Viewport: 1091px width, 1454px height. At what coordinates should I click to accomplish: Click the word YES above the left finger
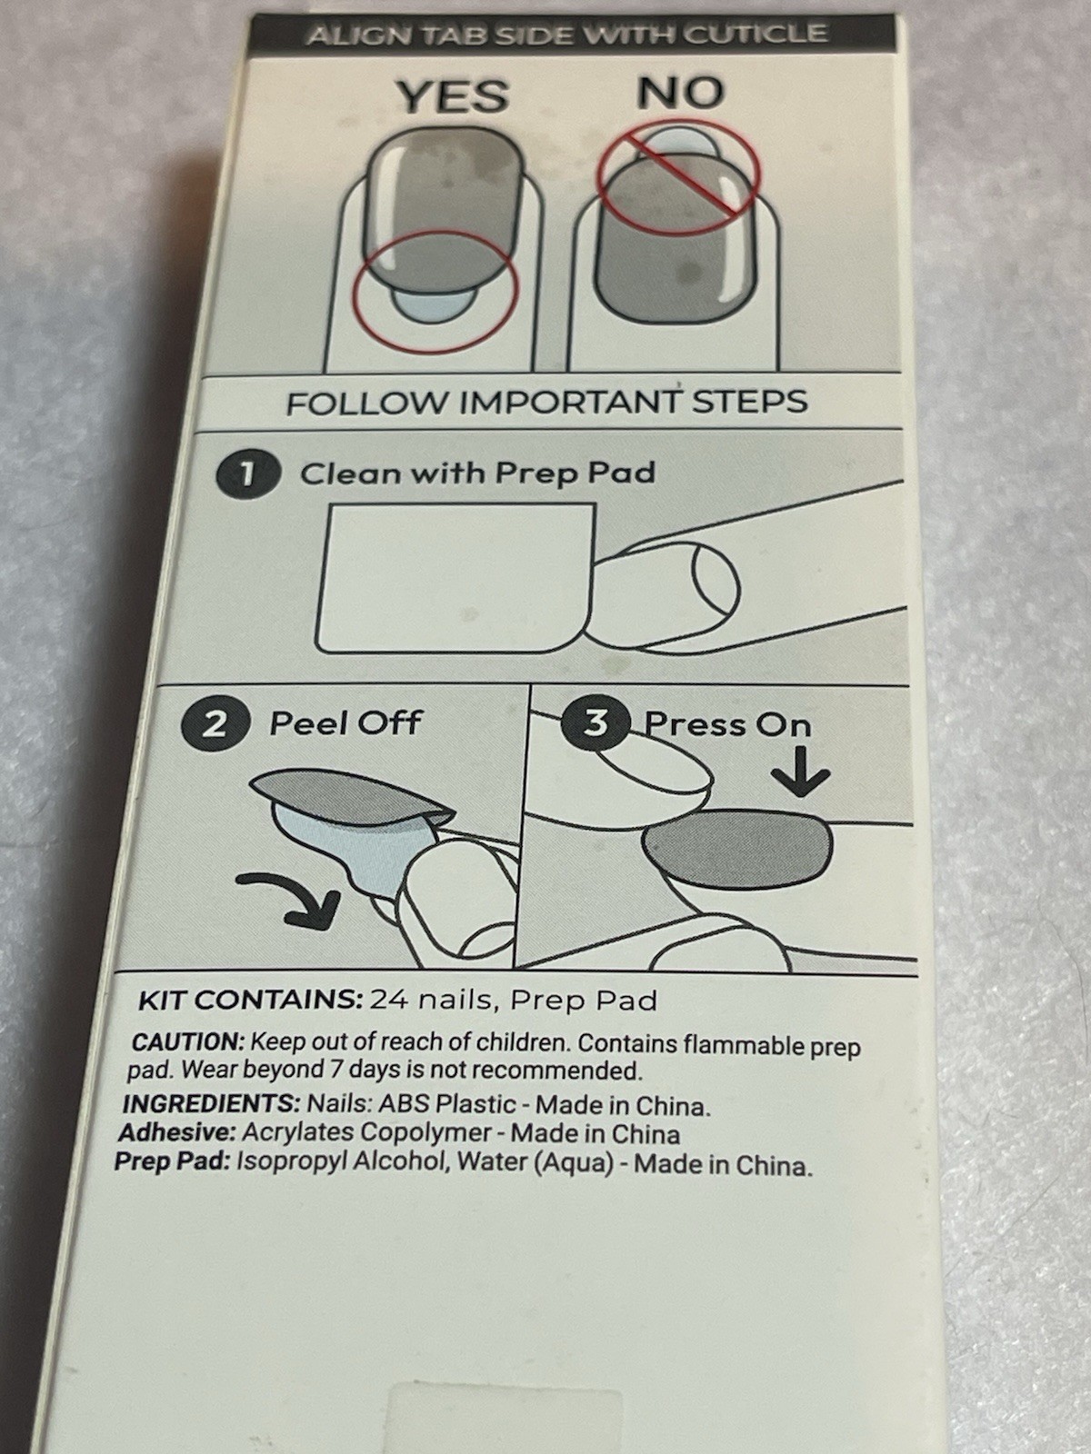click(454, 96)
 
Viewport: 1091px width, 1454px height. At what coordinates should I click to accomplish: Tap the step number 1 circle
click(248, 474)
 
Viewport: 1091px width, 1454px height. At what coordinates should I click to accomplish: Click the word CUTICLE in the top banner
click(756, 34)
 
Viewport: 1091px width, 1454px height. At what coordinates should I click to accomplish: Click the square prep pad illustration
click(457, 578)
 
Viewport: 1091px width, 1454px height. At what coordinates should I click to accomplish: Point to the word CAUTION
click(188, 1042)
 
